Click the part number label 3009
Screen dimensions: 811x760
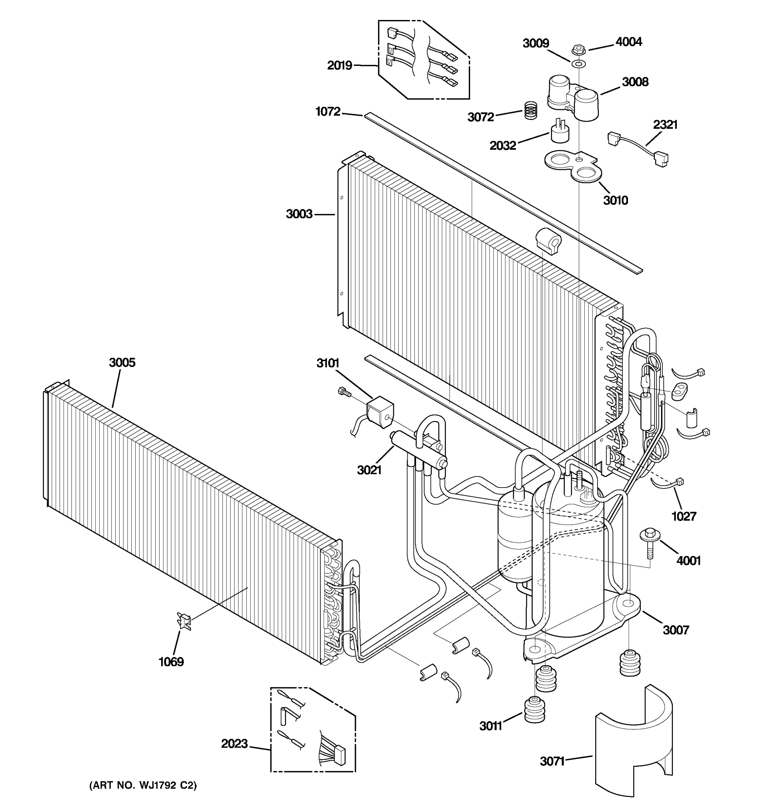point(536,43)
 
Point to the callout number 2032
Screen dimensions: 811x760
point(503,145)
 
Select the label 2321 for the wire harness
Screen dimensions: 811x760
point(665,124)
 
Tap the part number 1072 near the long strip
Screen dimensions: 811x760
point(328,112)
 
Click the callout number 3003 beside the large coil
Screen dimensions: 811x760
point(299,214)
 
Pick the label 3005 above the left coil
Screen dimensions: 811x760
point(122,362)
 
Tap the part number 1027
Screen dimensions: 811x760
point(684,516)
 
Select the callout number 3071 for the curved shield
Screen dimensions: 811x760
point(552,761)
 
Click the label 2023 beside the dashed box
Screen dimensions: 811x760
point(234,744)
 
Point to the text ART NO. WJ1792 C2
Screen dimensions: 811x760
point(143,785)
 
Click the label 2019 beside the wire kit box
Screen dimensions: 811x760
point(339,65)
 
